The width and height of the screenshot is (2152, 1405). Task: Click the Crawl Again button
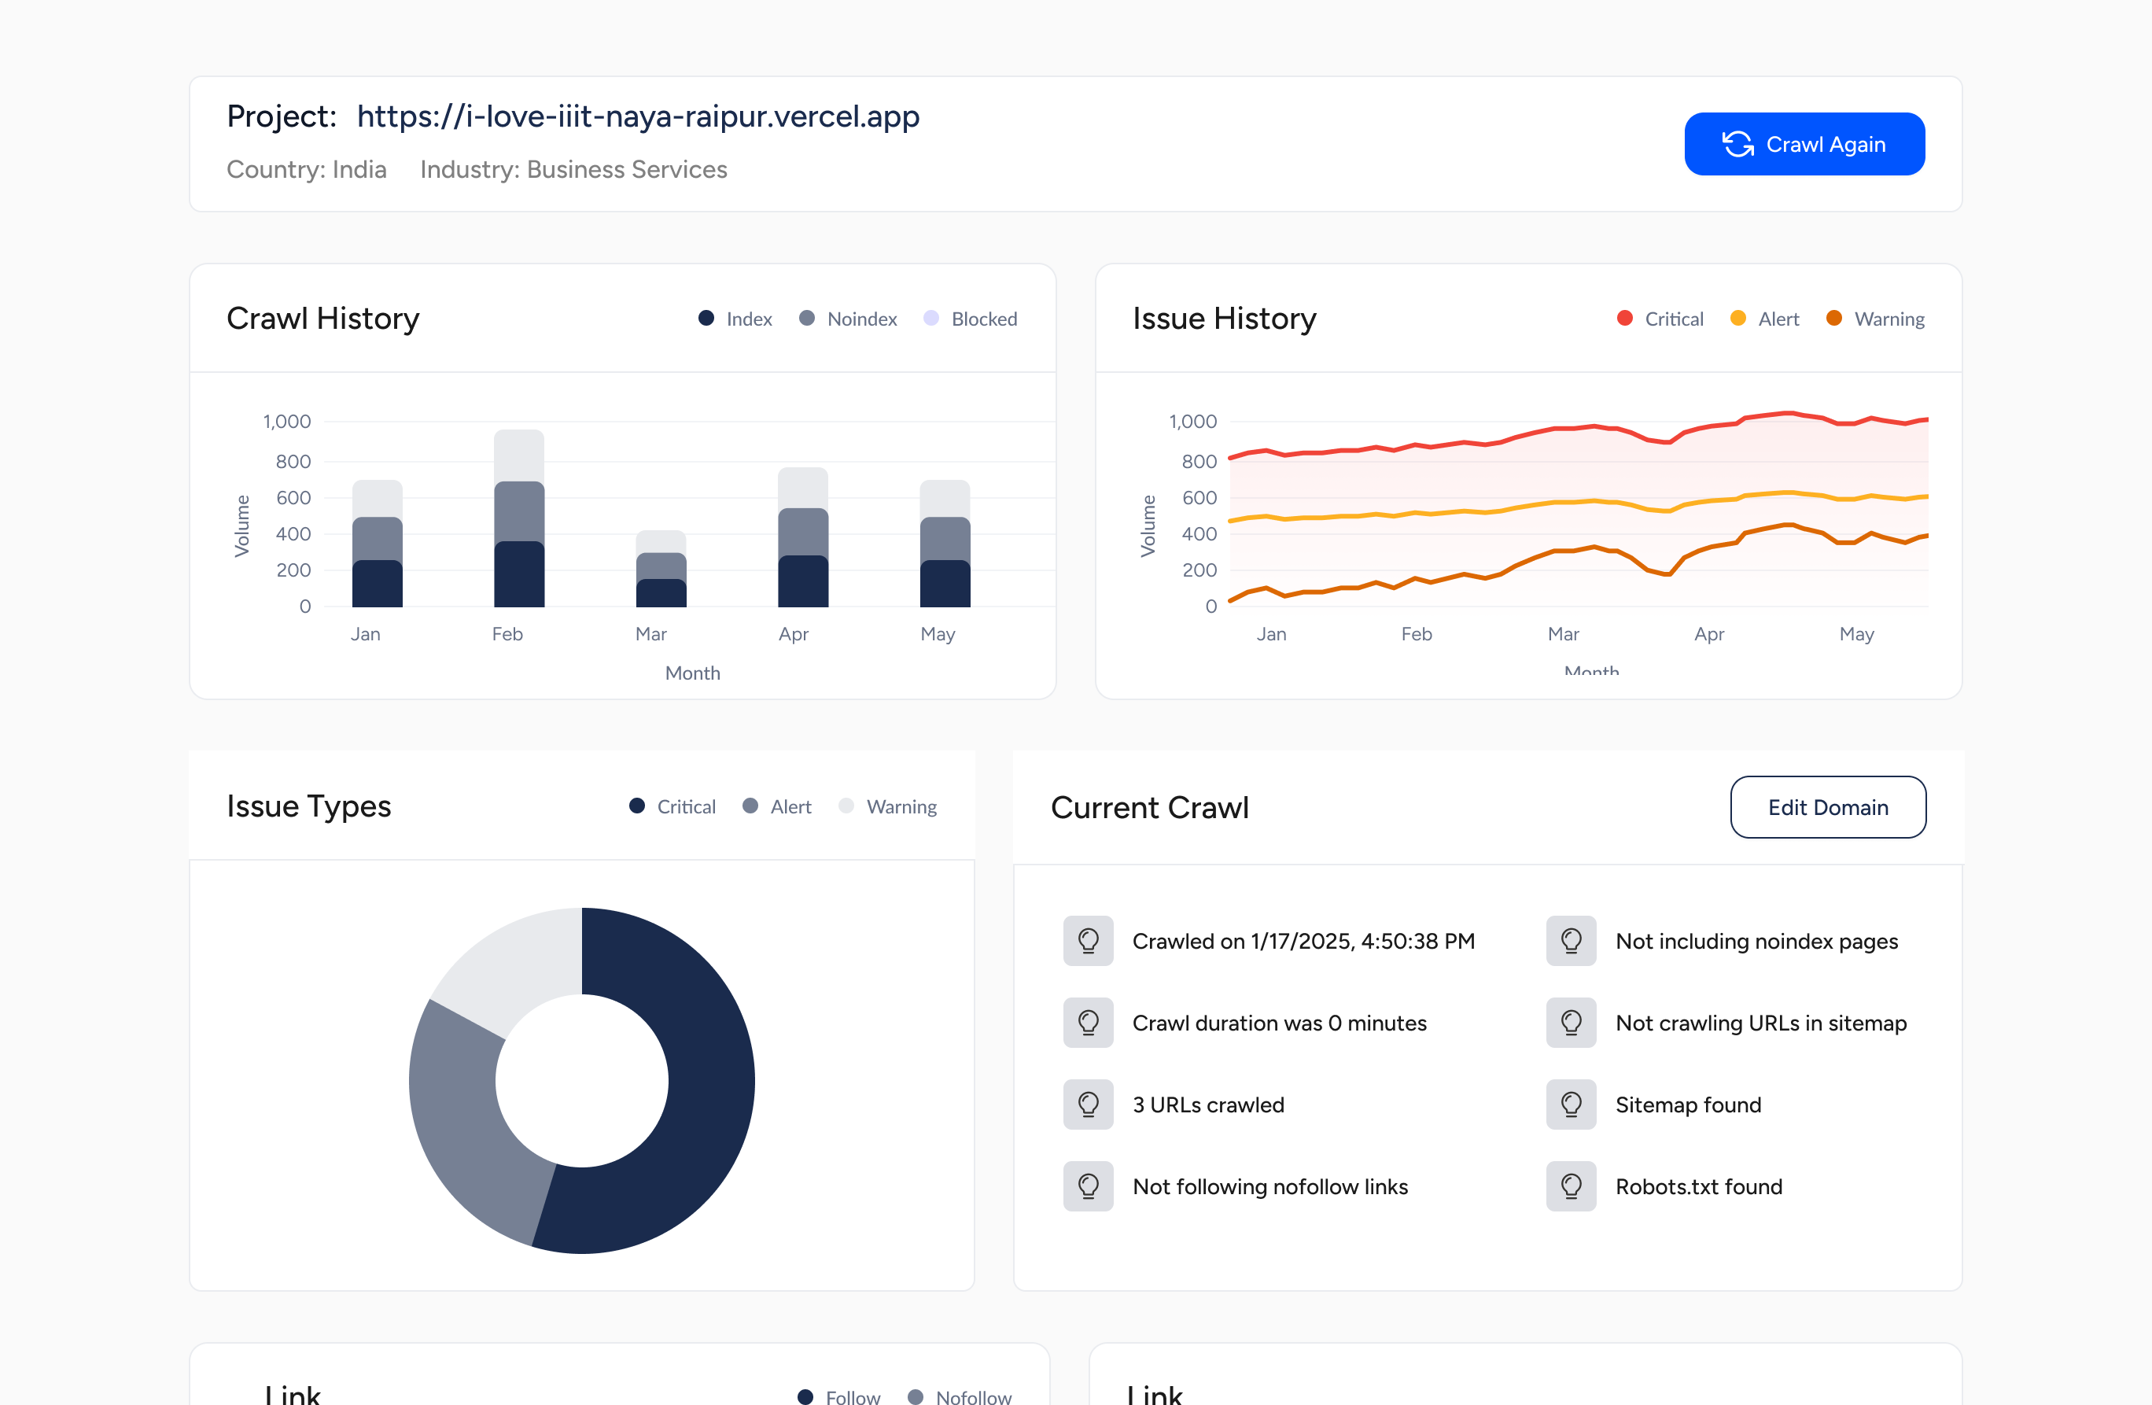[x=1804, y=145]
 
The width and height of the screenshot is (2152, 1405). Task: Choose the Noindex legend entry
[x=848, y=319]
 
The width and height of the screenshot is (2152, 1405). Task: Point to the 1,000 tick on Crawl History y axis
[x=286, y=422]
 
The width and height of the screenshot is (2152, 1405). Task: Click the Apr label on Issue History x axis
[x=1708, y=634]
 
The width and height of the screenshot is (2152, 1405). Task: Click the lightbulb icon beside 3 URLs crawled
[x=1088, y=1104]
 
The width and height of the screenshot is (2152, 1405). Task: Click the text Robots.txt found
[x=1698, y=1187]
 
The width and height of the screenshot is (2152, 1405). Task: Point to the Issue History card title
[x=1225, y=319]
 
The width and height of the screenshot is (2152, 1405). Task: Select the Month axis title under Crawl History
[x=693, y=673]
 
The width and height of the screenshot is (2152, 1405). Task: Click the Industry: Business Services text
[x=573, y=170]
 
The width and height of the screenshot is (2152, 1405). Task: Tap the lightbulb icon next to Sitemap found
[x=1571, y=1104]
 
